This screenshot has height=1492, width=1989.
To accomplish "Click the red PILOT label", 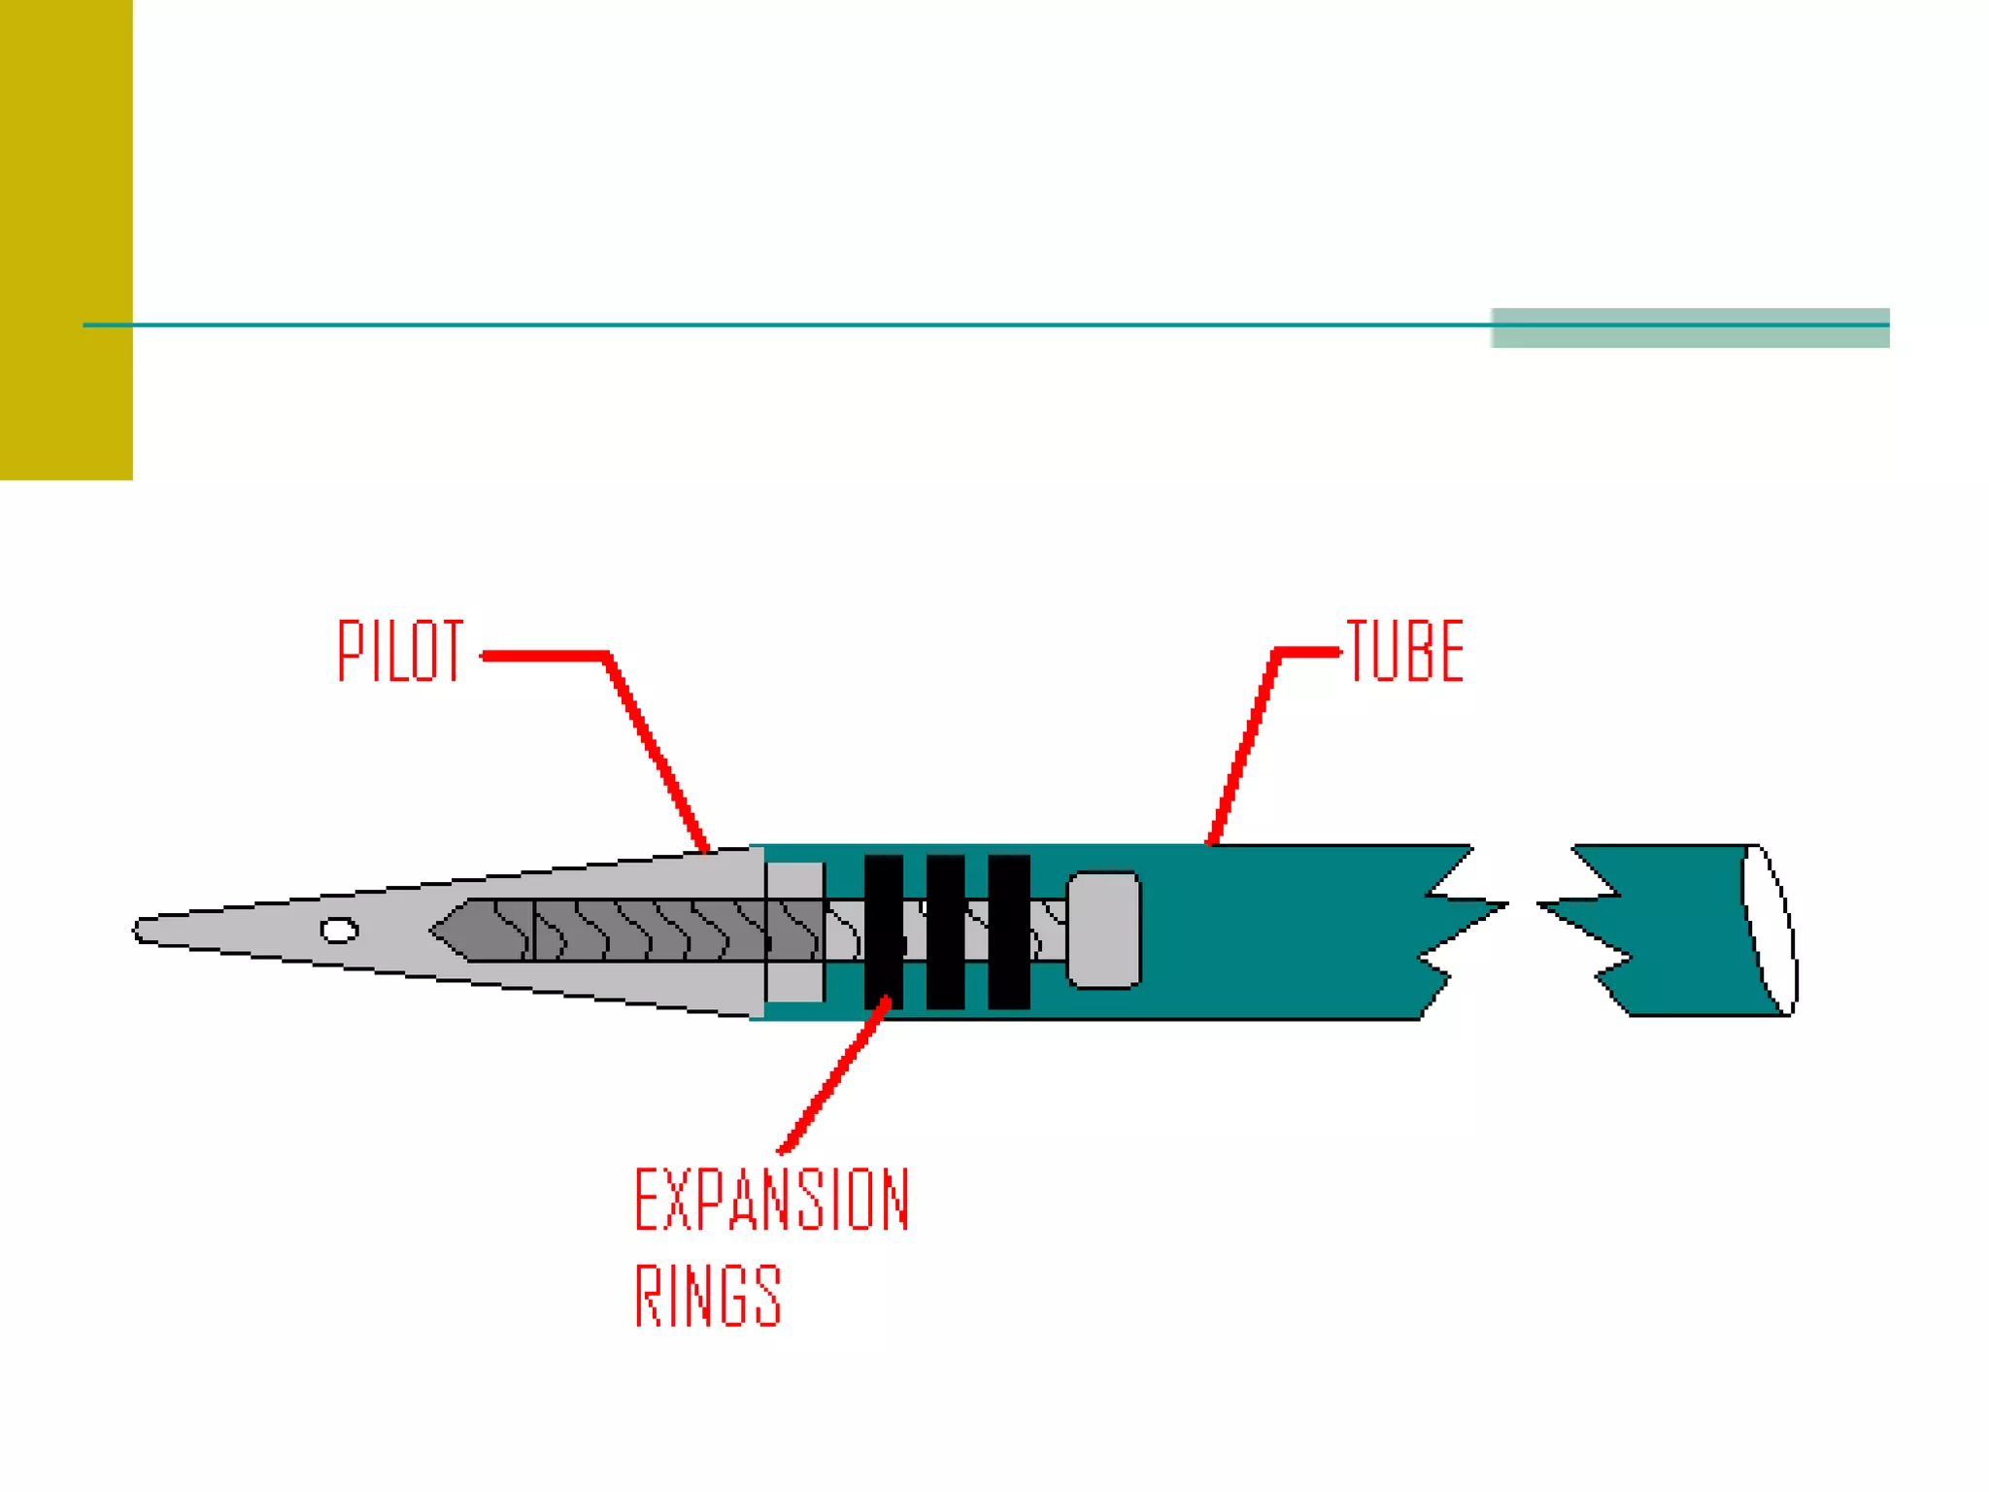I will tap(400, 651).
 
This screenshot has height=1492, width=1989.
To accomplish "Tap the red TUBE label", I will tap(1405, 651).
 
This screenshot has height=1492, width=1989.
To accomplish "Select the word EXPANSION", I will tap(772, 1201).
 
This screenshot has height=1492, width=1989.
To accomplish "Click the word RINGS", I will tap(708, 1295).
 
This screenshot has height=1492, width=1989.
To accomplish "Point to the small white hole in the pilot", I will tap(339, 931).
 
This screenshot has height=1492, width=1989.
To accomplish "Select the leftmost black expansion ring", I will tap(883, 931).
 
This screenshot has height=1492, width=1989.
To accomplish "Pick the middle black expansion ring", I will tap(945, 931).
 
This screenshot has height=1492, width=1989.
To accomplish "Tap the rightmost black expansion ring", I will tap(1008, 931).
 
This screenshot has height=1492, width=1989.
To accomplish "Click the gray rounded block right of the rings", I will tap(1104, 930).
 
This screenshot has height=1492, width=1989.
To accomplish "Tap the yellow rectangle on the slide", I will tap(66, 239).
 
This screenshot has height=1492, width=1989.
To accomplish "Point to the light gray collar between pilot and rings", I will tap(795, 930).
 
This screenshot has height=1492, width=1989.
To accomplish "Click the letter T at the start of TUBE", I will tap(1359, 651).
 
